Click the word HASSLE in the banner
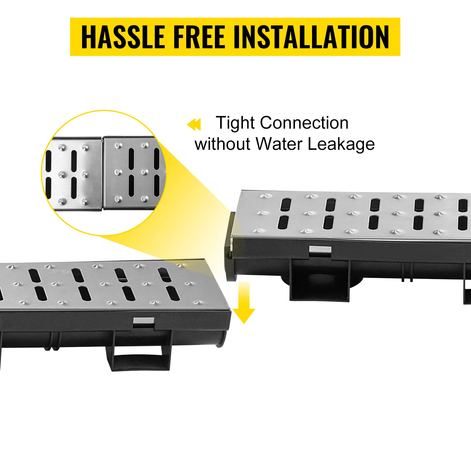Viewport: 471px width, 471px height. coord(123,37)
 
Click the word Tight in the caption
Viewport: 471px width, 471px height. coord(235,123)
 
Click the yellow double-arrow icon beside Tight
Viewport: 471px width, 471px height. coord(194,124)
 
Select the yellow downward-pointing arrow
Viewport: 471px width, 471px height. coord(244,302)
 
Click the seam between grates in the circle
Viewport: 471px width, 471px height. coord(102,173)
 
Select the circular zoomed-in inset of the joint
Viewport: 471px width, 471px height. coord(104,173)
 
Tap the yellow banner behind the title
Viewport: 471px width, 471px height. coord(235,37)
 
